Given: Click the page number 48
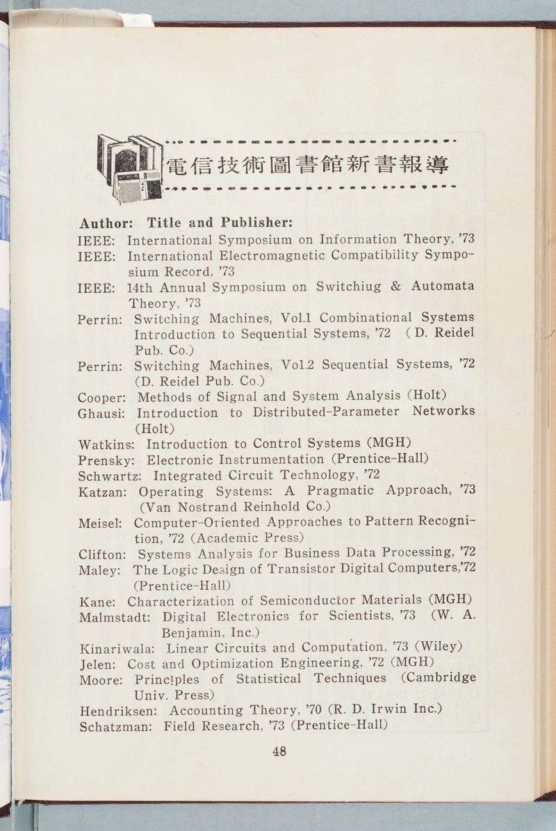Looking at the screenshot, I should pyautogui.click(x=279, y=751).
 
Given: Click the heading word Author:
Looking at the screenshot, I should pyautogui.click(x=105, y=223).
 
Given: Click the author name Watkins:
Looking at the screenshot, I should pyautogui.click(x=108, y=444).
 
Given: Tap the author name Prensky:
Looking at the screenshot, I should pyautogui.click(x=108, y=460).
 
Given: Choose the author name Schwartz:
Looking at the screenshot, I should pyautogui.click(x=112, y=477).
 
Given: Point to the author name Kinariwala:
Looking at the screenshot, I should pyautogui.click(x=120, y=649).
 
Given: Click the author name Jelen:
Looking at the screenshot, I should pyautogui.click(x=98, y=664).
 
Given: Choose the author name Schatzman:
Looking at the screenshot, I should pyautogui.click(x=117, y=727).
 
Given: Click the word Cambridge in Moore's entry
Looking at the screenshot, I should pyautogui.click(x=442, y=678).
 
